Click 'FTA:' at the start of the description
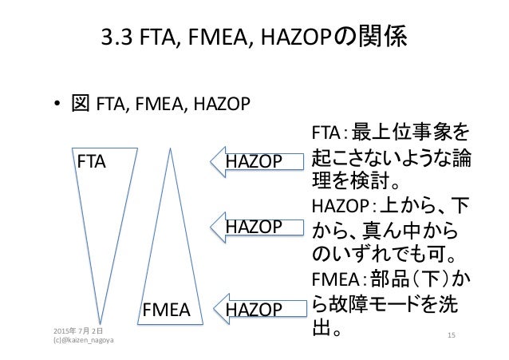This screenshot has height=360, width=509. [328, 131]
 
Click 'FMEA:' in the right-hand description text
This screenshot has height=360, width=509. [336, 280]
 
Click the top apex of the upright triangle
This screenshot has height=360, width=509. [170, 152]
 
